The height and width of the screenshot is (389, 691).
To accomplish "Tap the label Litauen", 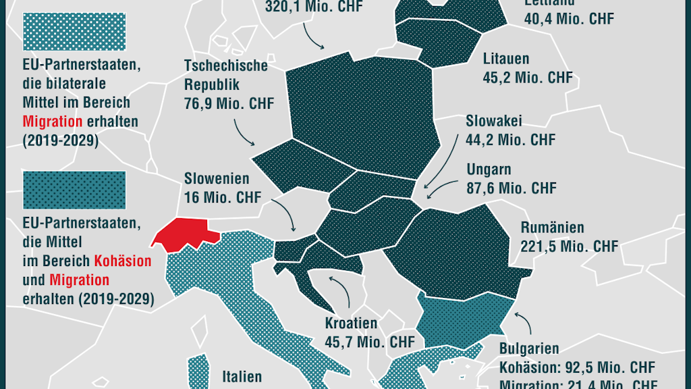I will point(505,59).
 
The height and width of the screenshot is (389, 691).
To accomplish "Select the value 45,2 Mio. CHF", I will point(527,78).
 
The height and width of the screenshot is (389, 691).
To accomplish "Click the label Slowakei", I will point(493,121).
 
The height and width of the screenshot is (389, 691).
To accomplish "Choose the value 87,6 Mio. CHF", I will point(512,188).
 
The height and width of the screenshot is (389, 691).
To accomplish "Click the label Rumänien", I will point(552,228).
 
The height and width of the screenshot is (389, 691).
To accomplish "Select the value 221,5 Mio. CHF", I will point(569,247).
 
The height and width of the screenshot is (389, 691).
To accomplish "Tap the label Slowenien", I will point(217,179).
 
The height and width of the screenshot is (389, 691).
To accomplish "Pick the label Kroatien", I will point(351,323).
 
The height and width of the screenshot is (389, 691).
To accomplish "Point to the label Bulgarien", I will point(529,349).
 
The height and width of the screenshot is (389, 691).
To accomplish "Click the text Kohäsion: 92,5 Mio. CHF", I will point(577,368).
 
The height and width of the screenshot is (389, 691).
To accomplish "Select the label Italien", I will point(242,375).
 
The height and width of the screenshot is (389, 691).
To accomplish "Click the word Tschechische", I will point(225,66).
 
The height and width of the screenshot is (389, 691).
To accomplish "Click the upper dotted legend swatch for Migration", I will point(74,31).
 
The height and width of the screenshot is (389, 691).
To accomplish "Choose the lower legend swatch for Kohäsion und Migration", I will point(74,190).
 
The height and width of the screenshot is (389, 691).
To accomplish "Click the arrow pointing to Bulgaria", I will point(524,323).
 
